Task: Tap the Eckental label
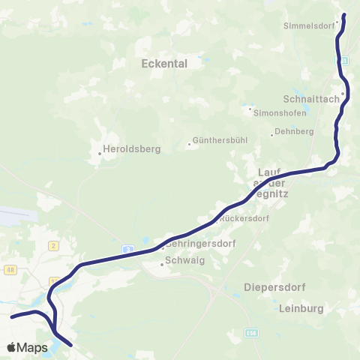[163, 64]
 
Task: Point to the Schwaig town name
[184, 262]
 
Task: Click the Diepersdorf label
[271, 287]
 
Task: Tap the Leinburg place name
[300, 308]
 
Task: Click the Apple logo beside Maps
[11, 347]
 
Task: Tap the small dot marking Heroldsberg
[100, 155]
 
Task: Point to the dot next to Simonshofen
[250, 108]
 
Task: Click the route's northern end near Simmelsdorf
[344, 15]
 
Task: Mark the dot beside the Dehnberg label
[271, 135]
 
